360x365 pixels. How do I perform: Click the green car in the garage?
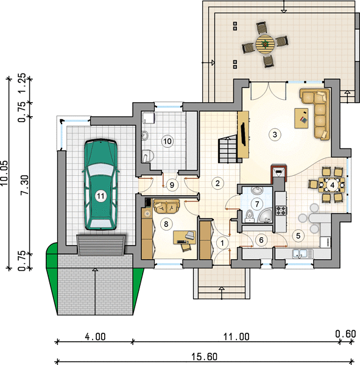pos(101,184)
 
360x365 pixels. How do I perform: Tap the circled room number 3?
pos(275,134)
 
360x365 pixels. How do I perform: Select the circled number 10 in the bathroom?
pos(168,141)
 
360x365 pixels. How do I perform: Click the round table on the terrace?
pos(264,44)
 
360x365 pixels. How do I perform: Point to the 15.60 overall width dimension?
pos(205,356)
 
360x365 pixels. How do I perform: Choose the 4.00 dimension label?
pos(95,336)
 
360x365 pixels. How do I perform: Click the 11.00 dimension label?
pos(236,336)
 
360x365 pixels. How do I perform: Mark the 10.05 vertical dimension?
pos(4,173)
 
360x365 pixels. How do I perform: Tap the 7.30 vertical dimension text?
pos(24,185)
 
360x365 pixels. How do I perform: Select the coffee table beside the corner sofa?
pos(302,118)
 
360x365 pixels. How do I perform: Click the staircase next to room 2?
pos(228,149)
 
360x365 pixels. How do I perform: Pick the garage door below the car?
pos(101,245)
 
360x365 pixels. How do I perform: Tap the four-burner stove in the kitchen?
pos(281,210)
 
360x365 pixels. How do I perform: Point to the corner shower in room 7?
pos(266,215)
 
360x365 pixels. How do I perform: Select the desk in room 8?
pos(185,237)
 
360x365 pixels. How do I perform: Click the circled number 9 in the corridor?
pos(172,185)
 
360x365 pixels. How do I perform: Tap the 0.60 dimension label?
pos(345,334)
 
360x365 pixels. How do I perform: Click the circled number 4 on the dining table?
pos(332,185)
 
